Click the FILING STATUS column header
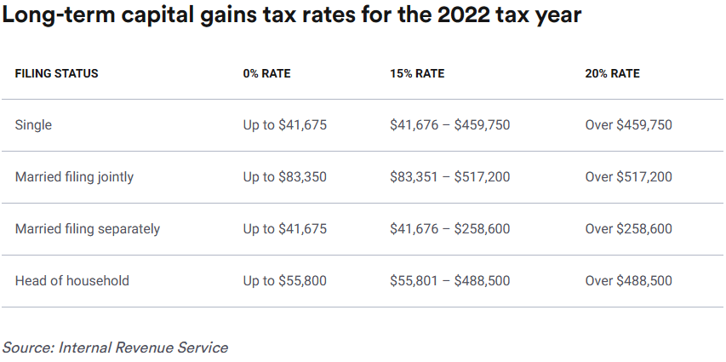tap(56, 74)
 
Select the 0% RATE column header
tap(266, 74)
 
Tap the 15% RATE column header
tap(417, 74)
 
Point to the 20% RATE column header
tap(612, 74)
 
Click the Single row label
tap(33, 125)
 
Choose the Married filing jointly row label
tap(74, 177)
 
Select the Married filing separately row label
tap(87, 229)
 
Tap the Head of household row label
tap(71, 281)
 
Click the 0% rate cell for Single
tap(284, 125)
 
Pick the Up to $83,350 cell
tap(284, 177)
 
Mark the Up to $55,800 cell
tap(284, 281)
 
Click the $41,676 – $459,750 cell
tap(449, 125)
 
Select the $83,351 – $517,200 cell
tap(449, 177)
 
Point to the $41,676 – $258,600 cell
tap(449, 229)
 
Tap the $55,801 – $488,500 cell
tap(449, 281)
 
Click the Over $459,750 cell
tap(628, 125)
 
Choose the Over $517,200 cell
tap(628, 177)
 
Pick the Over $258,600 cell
tap(628, 229)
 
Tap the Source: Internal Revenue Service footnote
tap(115, 348)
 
